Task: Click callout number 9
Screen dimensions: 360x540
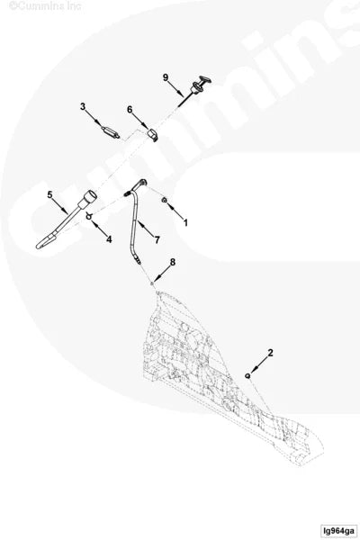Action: click(x=166, y=77)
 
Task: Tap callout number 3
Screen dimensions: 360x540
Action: click(x=83, y=107)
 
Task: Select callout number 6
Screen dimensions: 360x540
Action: click(x=130, y=110)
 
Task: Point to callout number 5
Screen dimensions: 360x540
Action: click(x=50, y=195)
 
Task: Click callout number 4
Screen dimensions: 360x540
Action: click(x=109, y=239)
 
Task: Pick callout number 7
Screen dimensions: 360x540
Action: click(x=157, y=239)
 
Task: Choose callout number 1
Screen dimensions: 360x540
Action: click(x=185, y=223)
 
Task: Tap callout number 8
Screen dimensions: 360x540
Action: click(x=173, y=262)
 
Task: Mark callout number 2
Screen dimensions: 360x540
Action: click(x=270, y=353)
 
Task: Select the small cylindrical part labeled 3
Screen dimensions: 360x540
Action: click(x=111, y=132)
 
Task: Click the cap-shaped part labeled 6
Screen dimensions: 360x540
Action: click(x=152, y=133)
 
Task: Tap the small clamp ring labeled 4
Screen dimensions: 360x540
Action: click(x=89, y=216)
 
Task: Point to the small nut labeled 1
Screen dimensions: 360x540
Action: click(x=165, y=200)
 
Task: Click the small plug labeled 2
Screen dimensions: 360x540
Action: click(x=247, y=375)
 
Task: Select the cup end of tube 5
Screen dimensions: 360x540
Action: click(x=88, y=198)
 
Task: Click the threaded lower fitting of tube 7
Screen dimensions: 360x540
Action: click(x=137, y=261)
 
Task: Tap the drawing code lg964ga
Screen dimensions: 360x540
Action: click(x=339, y=531)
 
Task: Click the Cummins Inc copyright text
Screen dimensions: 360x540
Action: click(x=45, y=5)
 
